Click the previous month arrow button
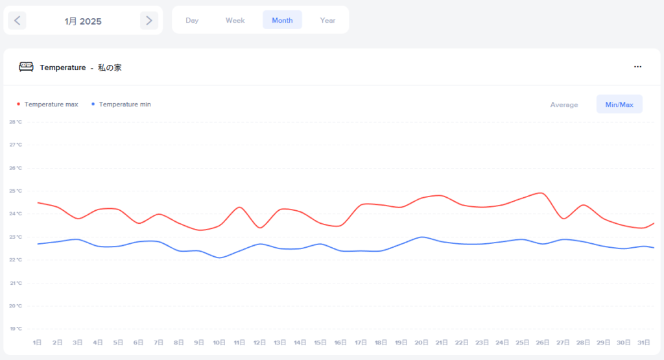[17, 21]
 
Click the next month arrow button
[149, 21]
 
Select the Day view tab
[192, 20]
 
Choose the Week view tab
[235, 20]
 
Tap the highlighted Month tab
[282, 20]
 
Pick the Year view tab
[327, 20]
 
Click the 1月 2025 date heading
[83, 21]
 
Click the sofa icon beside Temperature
[26, 67]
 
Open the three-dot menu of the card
[637, 67]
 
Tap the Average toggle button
[563, 104]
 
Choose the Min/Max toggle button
[619, 104]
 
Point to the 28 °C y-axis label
[16, 122]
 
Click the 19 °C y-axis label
[16, 329]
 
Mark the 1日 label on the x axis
[38, 342]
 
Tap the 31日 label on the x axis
[643, 342]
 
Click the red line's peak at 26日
[541, 193]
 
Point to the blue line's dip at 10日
[220, 258]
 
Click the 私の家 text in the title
[110, 67]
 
